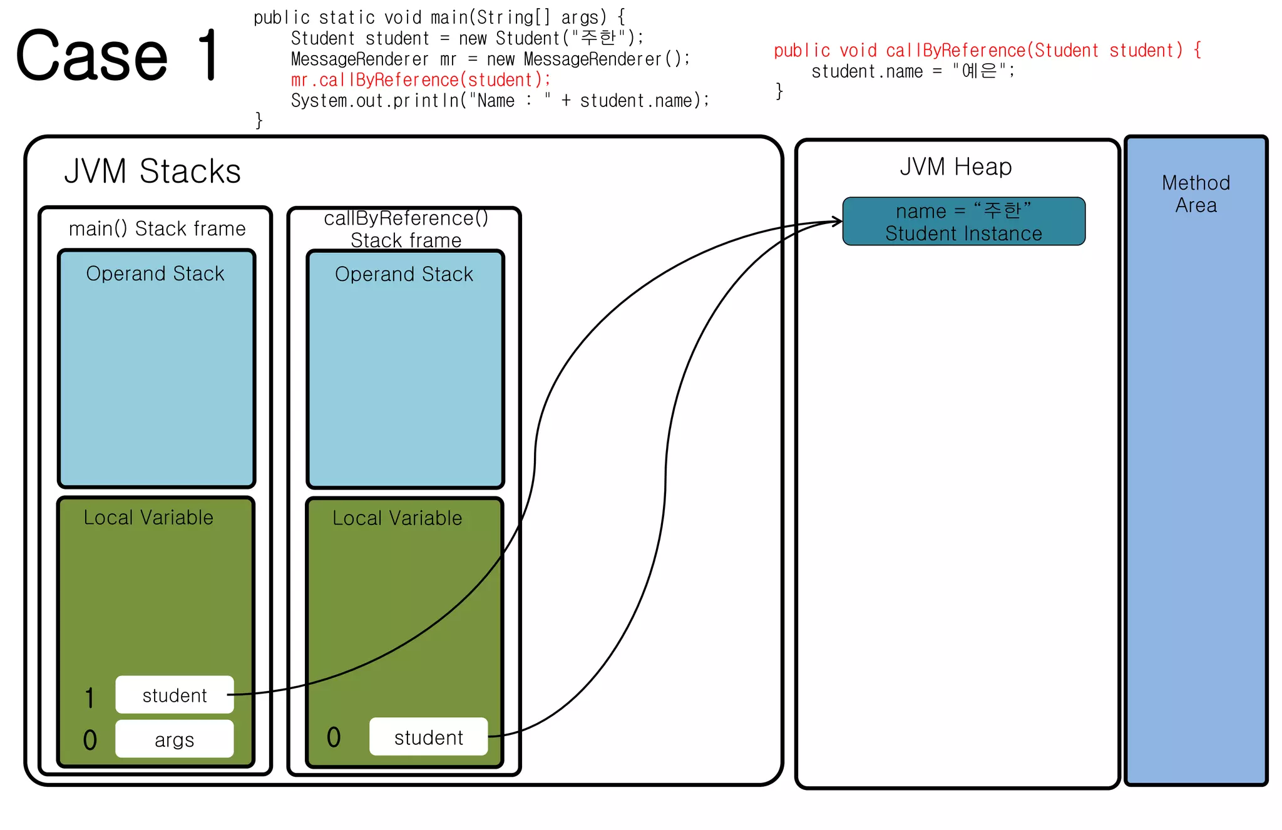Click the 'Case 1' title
[117, 56]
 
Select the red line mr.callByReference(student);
[421, 80]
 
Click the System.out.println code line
[500, 101]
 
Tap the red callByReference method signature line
[987, 50]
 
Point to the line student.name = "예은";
[913, 71]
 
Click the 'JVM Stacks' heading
[153, 172]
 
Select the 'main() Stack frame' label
[157, 228]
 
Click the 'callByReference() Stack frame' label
[406, 229]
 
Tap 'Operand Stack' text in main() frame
[155, 274]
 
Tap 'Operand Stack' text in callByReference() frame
[404, 274]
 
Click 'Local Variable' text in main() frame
[148, 518]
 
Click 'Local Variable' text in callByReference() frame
[397, 518]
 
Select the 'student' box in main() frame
[175, 695]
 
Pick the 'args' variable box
[175, 739]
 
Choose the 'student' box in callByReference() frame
[428, 737]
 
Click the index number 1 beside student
[90, 697]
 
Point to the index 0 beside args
[90, 740]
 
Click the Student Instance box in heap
[963, 222]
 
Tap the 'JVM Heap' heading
[955, 167]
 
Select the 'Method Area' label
[1196, 194]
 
